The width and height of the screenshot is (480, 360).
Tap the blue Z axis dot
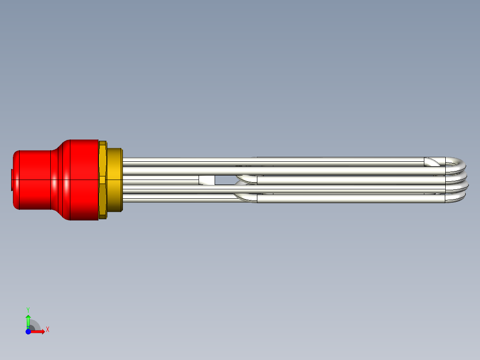28,331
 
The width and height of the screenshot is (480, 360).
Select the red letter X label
48,329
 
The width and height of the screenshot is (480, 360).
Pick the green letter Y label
28,309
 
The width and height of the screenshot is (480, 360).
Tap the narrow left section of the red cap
31,180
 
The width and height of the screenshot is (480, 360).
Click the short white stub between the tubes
207,180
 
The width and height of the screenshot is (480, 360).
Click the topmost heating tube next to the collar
178,160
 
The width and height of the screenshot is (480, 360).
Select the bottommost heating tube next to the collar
178,199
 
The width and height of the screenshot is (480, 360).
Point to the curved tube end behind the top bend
432,161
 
